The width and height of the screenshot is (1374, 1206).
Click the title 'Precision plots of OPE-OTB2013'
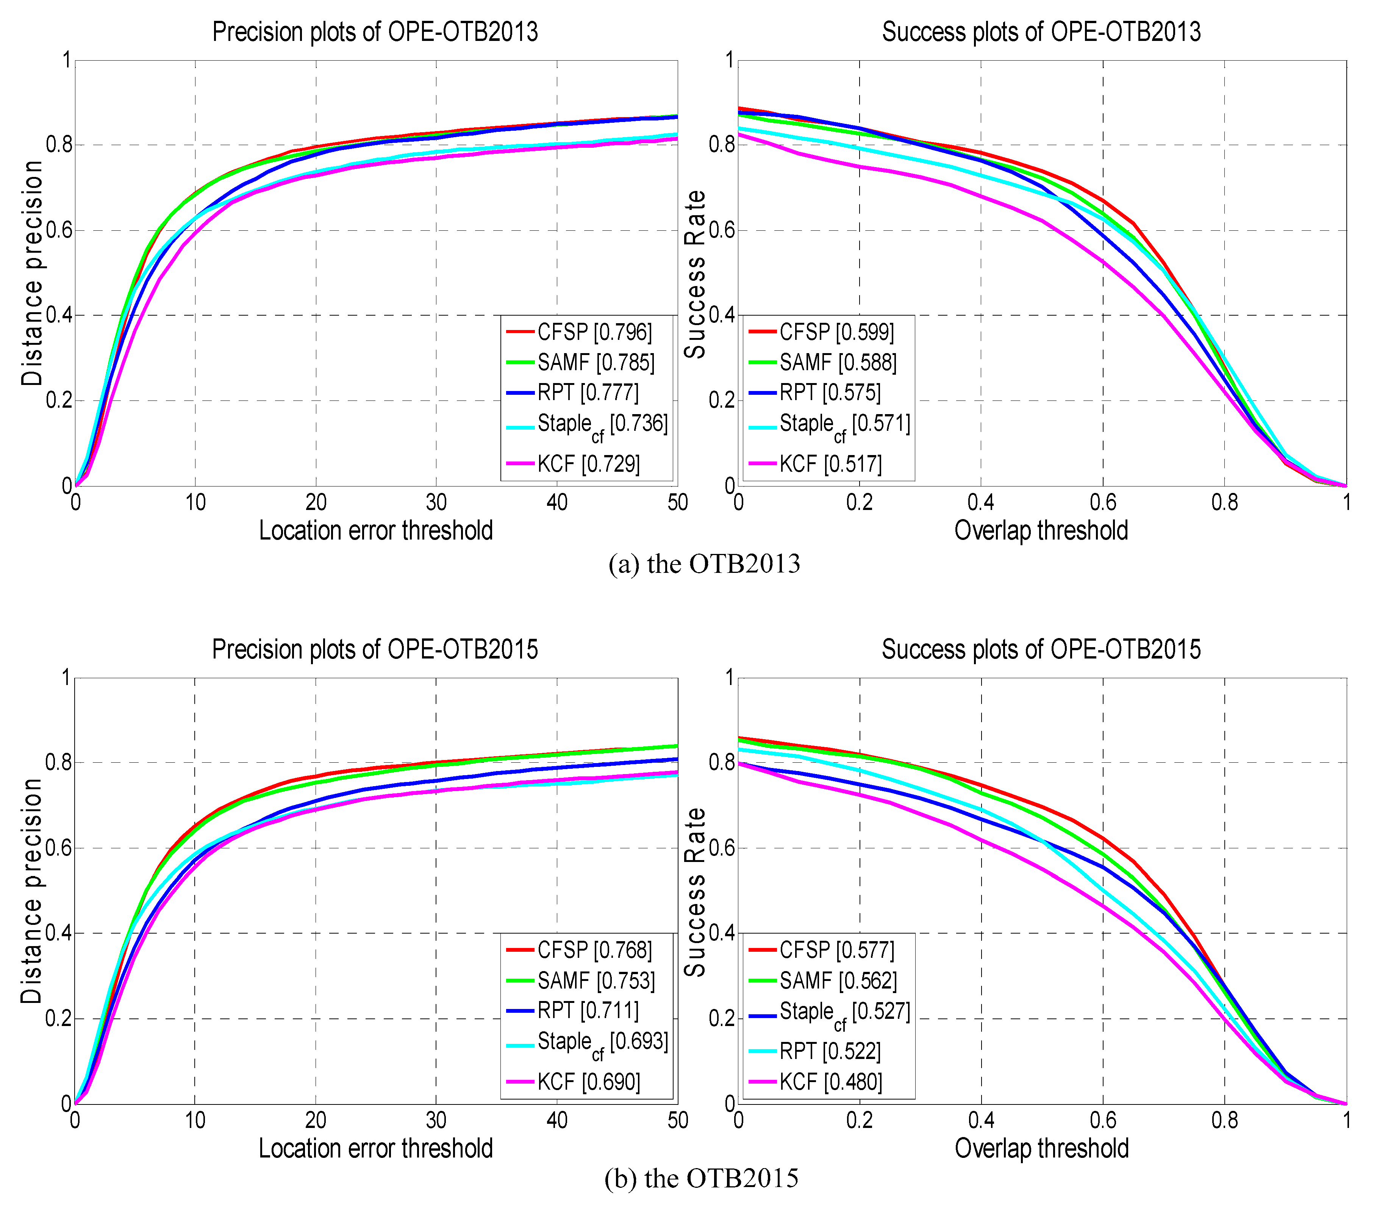tap(375, 31)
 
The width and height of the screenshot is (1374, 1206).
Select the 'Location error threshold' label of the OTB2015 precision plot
tap(376, 1148)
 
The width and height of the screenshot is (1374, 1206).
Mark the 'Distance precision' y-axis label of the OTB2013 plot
tap(31, 273)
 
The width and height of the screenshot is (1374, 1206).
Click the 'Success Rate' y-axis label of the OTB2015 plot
tap(695, 892)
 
